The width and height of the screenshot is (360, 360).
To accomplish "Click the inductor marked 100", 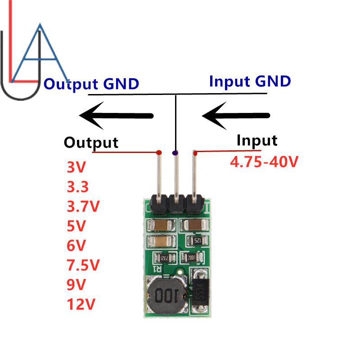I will pos(165,295).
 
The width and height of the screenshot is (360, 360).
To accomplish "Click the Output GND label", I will pos(91,84).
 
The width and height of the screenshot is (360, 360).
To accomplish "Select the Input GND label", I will pos(250,81).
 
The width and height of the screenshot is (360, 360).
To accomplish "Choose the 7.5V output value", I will pos(83,265).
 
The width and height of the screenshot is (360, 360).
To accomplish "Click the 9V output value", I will pos(76,285).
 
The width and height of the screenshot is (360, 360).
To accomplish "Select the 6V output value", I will pos(76,245).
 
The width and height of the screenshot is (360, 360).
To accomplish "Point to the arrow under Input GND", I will pos(236,116).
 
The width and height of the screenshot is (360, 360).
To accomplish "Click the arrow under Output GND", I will pos(117,116).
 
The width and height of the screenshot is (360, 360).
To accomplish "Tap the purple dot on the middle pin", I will pos(175,153).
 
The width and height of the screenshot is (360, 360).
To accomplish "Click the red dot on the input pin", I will pos(195,153).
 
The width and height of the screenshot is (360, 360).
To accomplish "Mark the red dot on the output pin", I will pos(158,153).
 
